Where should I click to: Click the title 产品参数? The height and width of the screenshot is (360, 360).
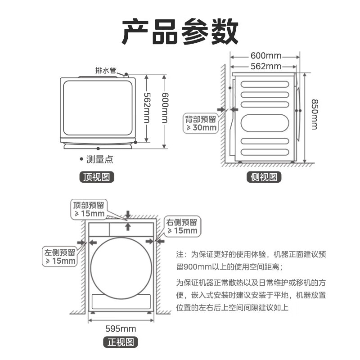pos(180,31)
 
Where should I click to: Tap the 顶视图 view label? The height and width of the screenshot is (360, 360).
pos(97,177)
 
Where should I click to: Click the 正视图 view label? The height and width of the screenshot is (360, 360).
pos(120,342)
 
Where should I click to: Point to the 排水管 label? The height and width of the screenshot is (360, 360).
pos(106,71)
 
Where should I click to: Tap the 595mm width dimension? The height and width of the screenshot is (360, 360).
pos(121,328)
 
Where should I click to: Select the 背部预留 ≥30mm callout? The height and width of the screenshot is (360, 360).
pos(201,123)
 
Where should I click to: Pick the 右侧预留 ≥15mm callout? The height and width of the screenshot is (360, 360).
pos(182,226)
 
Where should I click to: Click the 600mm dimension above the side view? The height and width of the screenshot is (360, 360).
pos(265,56)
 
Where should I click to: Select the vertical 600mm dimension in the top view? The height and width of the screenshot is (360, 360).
pos(165,110)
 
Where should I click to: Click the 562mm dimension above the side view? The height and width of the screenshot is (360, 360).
pos(265,67)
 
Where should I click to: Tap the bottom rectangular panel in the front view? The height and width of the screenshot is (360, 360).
pos(121,301)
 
